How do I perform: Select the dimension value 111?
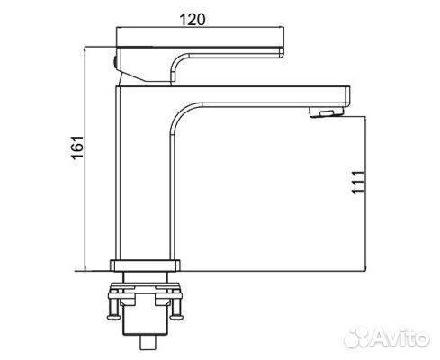click(x=357, y=186)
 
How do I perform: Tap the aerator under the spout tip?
click(x=325, y=112)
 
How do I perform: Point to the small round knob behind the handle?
click(x=113, y=60)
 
